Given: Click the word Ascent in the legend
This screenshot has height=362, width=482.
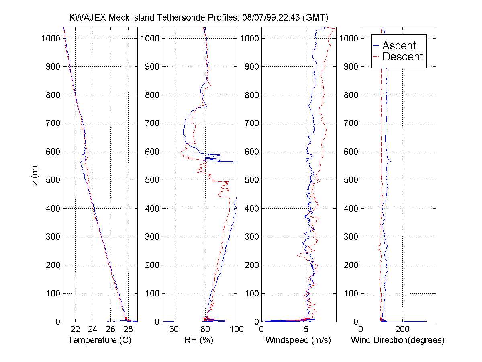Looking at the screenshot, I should coord(399,45).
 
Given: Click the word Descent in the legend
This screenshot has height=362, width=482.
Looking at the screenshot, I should coord(402,57).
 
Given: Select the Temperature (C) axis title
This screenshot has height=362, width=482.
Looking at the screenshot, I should coord(100,340).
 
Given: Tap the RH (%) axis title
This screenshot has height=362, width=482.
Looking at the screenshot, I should coord(199,340).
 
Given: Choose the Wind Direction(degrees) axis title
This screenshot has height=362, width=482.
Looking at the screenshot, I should coord(398,340).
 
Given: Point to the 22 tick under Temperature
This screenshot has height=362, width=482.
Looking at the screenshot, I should coord(76,329).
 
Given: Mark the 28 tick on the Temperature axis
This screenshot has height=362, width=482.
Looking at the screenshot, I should coord(128,329).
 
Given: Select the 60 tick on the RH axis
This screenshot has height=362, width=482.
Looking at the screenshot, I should coord(174,329).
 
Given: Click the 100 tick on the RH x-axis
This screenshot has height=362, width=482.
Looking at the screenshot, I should coord(236,329).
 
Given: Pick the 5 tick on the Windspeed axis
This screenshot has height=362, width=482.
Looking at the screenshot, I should coord(306,329).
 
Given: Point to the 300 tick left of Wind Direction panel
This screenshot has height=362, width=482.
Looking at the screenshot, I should coord(351,237).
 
